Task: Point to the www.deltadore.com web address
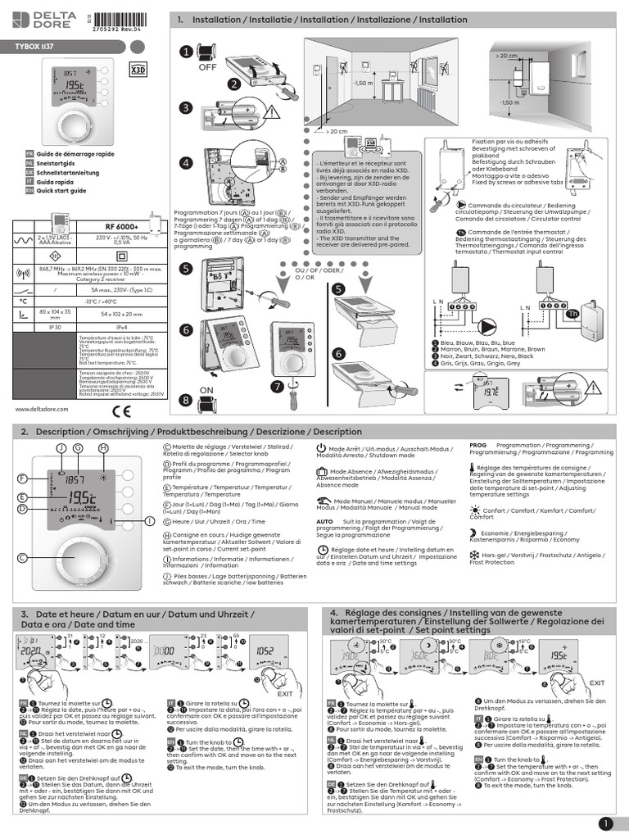tap(40, 409)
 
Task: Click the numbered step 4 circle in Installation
tap(186, 163)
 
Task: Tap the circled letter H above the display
tap(103, 448)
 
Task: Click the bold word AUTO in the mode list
tap(324, 521)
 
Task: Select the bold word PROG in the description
tap(477, 444)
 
